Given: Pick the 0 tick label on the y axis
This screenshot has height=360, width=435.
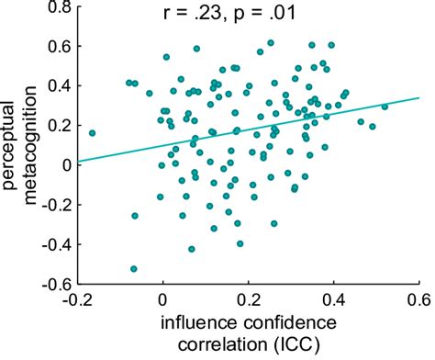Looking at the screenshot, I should [x=65, y=165].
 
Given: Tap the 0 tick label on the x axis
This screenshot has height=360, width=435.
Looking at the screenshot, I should [x=162, y=300].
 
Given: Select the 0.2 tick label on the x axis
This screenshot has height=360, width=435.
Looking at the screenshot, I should [x=248, y=300].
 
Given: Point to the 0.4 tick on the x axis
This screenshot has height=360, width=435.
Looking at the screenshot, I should [x=333, y=300].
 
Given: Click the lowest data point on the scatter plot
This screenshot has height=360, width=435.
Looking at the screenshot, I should [x=134, y=269].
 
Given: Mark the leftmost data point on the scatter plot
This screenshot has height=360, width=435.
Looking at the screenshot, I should [x=92, y=132].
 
